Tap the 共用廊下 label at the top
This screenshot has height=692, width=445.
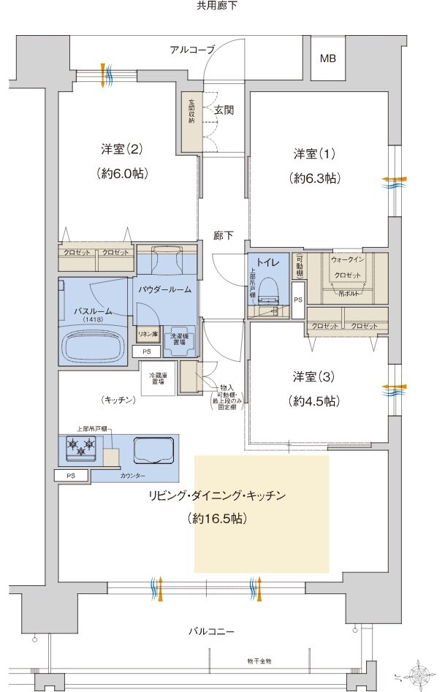pos(217,6)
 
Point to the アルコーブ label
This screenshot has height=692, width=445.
pos(192,50)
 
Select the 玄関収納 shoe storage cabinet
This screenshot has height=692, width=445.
pos(191,121)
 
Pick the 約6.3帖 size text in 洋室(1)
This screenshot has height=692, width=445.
pos(314,178)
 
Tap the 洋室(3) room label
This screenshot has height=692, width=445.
pos(314,377)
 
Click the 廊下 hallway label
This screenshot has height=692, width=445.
pos(224,235)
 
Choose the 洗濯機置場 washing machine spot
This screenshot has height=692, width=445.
pos(179,338)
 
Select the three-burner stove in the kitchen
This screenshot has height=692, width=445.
pos(81,447)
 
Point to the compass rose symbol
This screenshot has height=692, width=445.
pos(419,673)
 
